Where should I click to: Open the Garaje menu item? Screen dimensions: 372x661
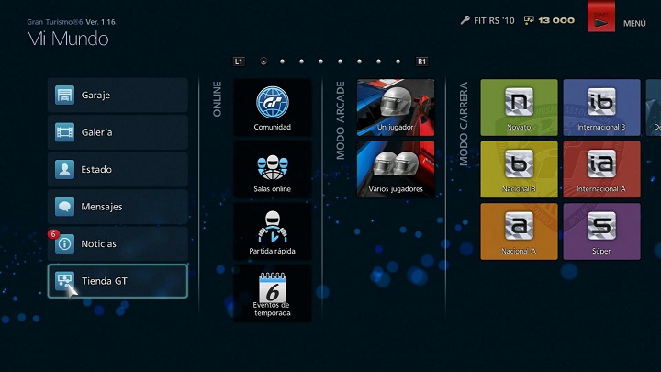[x=118, y=95]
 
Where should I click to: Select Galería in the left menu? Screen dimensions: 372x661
[x=118, y=132]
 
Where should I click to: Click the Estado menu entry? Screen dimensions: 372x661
[x=118, y=170]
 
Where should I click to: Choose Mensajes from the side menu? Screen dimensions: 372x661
[x=118, y=207]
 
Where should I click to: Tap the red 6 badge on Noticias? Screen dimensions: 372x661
[x=53, y=234]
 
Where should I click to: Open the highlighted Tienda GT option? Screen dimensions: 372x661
[x=118, y=280]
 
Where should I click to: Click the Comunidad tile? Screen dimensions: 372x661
[x=273, y=107]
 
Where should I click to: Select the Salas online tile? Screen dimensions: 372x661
[x=273, y=170]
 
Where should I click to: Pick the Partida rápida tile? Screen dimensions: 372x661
[x=273, y=232]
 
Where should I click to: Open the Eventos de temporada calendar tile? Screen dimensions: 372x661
[x=273, y=294]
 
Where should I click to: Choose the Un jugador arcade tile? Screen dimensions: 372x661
[x=396, y=107]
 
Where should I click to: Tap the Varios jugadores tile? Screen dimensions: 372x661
[x=396, y=169]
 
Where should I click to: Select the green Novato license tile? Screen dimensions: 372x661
[x=519, y=107]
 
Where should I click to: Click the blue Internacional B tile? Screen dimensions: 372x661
[x=601, y=107]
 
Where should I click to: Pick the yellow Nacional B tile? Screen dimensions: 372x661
[x=519, y=169]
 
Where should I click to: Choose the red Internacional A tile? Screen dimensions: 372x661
[x=601, y=169]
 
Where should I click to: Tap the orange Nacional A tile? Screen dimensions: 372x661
[x=519, y=231]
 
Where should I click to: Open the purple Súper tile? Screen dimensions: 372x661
[x=601, y=231]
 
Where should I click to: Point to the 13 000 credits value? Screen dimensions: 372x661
[x=556, y=20]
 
